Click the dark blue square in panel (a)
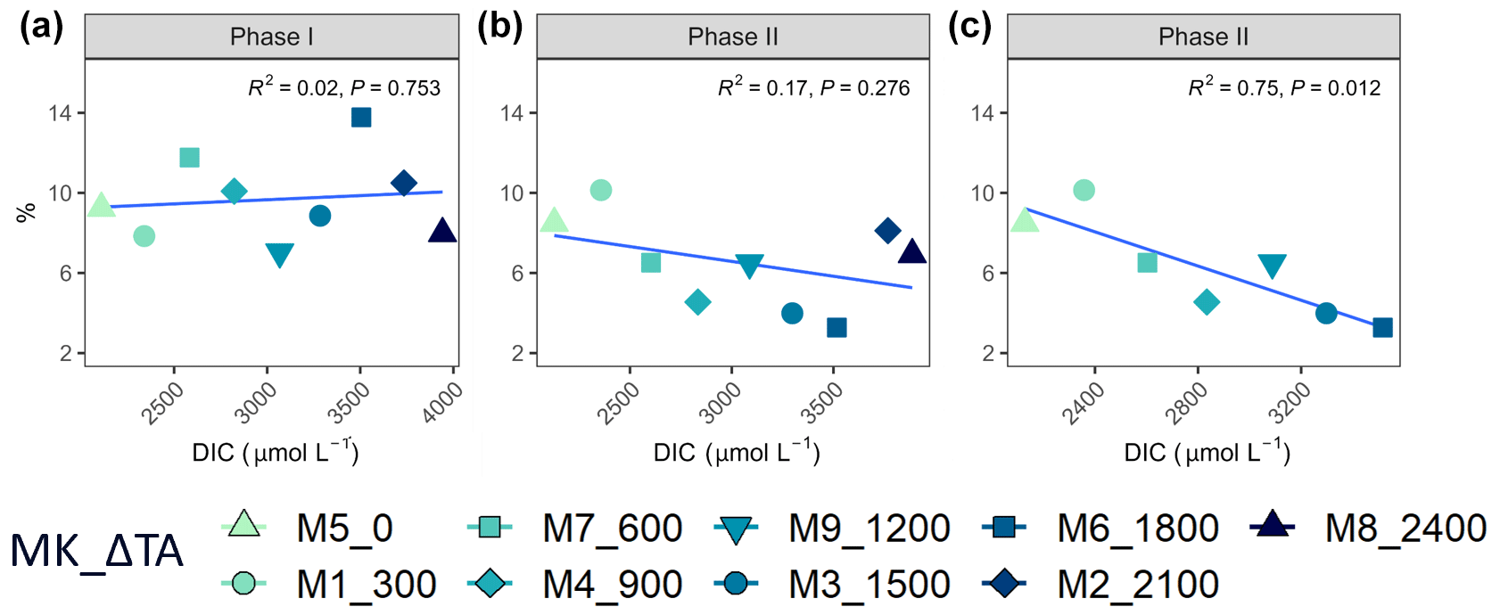[361, 118]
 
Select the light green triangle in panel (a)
[102, 206]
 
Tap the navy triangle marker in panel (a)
[442, 232]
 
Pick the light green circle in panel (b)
[601, 190]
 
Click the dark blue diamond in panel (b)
[887, 231]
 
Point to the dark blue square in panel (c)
[1382, 327]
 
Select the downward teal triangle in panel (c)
[1272, 266]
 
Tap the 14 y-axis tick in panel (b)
[512, 113]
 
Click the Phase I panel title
[271, 37]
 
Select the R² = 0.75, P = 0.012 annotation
[1284, 87]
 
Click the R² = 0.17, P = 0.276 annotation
[813, 87]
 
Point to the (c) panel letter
[969, 27]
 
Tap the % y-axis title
[27, 212]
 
